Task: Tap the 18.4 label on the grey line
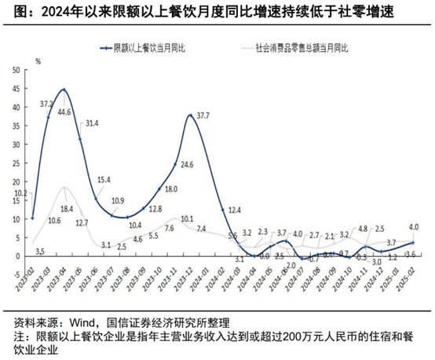click(x=67, y=208)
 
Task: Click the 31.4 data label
click(x=91, y=123)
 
